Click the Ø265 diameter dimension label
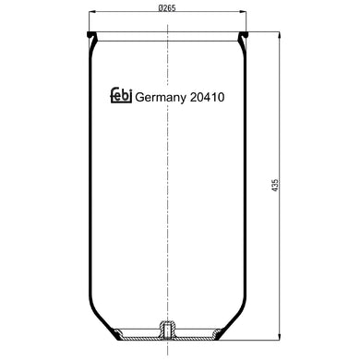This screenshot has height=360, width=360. pos(167,8)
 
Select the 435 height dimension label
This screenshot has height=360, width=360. pos(275,186)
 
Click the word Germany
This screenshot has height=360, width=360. pos(161,98)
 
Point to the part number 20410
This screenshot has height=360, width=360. pos(208,97)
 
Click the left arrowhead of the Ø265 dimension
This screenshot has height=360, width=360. pos(92,12)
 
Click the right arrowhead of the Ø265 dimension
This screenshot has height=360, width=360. pos(243,12)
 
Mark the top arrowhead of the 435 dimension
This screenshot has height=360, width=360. pos(279,35)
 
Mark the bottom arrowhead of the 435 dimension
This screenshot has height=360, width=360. pos(279,336)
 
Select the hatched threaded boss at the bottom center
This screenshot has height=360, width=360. pos(167,330)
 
